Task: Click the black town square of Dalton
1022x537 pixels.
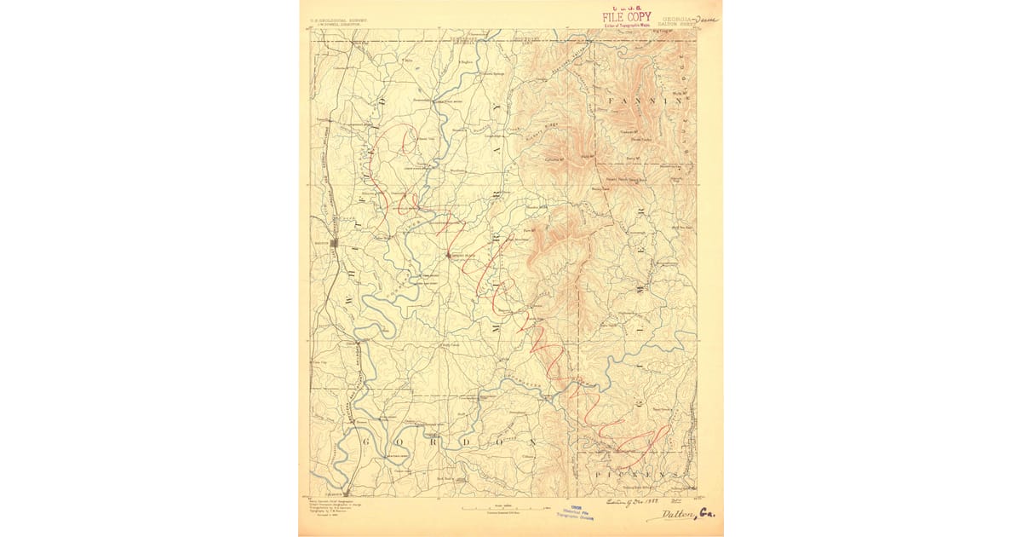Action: click(x=335, y=242)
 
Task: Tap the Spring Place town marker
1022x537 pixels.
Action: click(x=448, y=254)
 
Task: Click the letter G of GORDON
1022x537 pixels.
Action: click(x=367, y=442)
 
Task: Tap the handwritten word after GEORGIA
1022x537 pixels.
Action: click(x=706, y=19)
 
